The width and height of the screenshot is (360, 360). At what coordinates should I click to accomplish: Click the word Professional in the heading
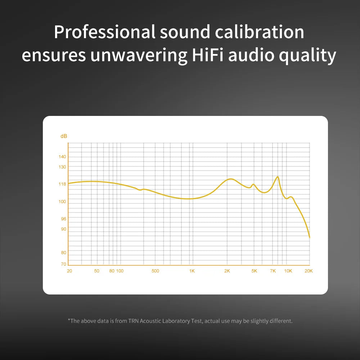[x=104, y=32]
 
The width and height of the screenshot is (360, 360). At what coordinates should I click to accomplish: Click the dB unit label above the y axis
[x=64, y=136]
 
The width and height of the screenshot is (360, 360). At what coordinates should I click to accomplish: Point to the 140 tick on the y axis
[x=63, y=157]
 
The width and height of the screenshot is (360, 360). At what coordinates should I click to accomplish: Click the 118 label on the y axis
[x=63, y=184]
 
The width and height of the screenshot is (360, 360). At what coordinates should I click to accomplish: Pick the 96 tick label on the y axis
[x=63, y=219]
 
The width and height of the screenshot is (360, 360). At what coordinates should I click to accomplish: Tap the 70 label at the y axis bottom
[x=64, y=264]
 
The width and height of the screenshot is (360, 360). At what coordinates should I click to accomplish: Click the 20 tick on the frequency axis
[x=69, y=271]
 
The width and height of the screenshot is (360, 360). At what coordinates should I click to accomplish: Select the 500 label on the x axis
[x=155, y=271]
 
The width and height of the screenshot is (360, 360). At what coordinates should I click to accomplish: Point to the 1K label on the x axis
[x=192, y=271]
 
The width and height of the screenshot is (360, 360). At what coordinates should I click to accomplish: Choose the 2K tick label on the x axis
[x=227, y=271]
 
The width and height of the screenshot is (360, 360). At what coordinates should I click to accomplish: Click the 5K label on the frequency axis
[x=254, y=271]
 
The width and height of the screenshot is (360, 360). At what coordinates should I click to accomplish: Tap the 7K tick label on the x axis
[x=273, y=271]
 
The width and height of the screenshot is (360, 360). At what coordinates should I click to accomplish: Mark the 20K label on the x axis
[x=309, y=271]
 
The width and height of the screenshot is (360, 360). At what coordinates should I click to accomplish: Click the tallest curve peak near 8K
[x=278, y=177]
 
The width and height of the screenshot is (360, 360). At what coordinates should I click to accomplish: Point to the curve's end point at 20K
[x=310, y=237]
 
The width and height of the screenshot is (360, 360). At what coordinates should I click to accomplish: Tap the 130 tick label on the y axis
[x=63, y=167]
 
